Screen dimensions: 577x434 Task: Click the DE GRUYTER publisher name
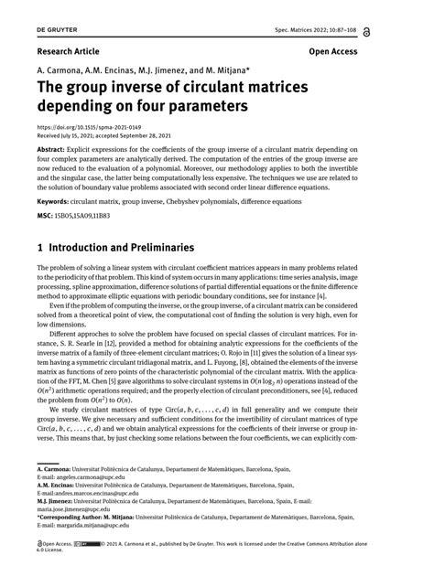coord(35,30)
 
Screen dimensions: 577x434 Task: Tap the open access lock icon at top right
coord(418,31)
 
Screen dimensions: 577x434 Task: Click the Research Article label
coord(69,52)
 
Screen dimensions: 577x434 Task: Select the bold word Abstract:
coord(55,147)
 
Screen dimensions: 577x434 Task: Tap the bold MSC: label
coord(47,218)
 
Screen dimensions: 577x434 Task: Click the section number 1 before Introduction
coord(40,248)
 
